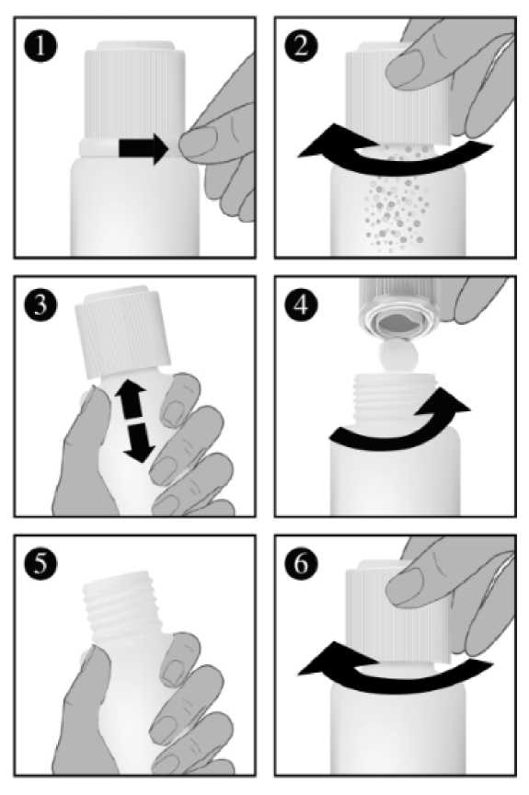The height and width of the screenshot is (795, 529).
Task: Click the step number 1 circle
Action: pos(40,47)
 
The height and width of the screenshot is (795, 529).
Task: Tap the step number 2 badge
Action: pos(301,47)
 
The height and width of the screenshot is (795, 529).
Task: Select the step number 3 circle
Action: pos(40,305)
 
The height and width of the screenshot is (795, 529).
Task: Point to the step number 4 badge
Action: pos(301,305)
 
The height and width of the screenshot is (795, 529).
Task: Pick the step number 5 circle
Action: pos(40,564)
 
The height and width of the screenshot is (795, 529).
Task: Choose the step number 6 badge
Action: pos(301,564)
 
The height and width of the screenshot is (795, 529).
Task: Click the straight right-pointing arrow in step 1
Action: pos(144,147)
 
